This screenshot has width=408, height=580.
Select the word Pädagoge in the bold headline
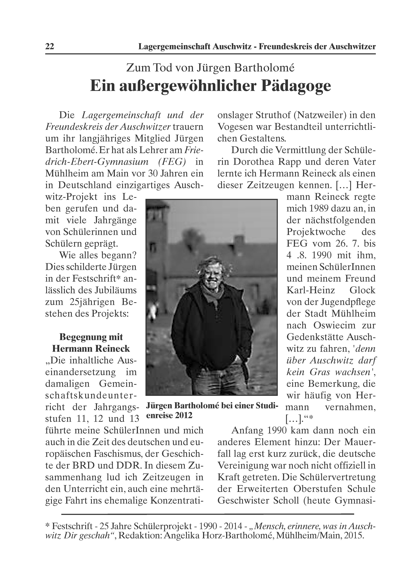(x=296, y=86)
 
